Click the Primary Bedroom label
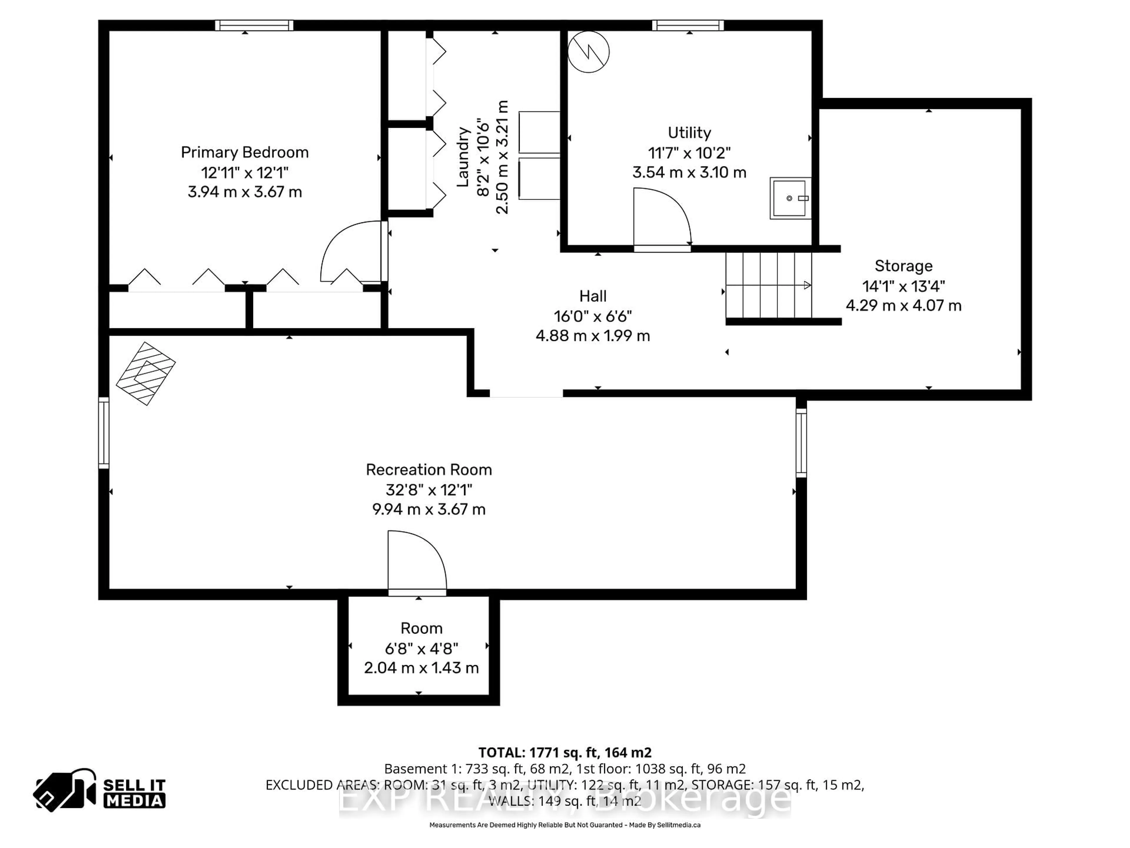245,152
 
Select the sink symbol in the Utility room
790,198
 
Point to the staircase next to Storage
768,285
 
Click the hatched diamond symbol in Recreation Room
146,374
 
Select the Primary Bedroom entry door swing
353,251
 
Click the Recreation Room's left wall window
104,433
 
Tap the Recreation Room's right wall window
801,443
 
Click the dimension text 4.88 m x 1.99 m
593,336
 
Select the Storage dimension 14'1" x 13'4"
903,286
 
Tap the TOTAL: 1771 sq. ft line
564,752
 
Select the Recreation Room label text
428,470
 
